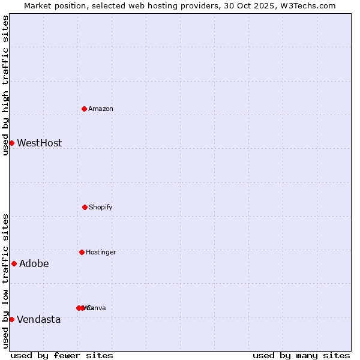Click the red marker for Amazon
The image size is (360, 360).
pos(85,109)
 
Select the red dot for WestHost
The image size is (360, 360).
pos(11,143)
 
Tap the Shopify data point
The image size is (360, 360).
pos(85,207)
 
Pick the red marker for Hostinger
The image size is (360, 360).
pos(82,252)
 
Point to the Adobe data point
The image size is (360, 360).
pos(14,263)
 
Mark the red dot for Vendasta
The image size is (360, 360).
pos(11,319)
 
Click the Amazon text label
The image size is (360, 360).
pos(101,109)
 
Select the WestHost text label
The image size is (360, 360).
pos(39,143)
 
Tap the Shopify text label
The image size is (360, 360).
pos(101,207)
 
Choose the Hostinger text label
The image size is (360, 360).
pos(101,252)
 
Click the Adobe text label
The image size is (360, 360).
pos(34,263)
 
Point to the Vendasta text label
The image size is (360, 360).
pos(38,319)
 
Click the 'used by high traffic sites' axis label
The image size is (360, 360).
pos(5,85)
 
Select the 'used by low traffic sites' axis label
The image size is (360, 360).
pos(5,281)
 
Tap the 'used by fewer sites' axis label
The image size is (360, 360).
pos(62,355)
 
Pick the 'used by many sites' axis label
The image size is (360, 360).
pos(301,355)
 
